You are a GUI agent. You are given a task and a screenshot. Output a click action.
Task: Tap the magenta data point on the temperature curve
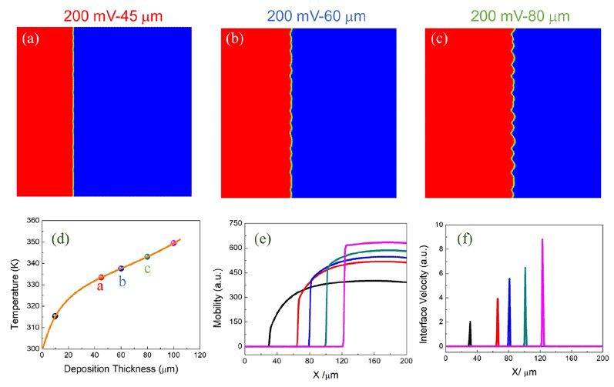pos(173,243)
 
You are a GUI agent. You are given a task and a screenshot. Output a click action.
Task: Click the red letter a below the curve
pos(100,287)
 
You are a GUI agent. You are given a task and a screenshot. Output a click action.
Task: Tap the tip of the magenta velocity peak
pos(542,239)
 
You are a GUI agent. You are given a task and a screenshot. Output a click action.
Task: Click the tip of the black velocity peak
pos(470,322)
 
